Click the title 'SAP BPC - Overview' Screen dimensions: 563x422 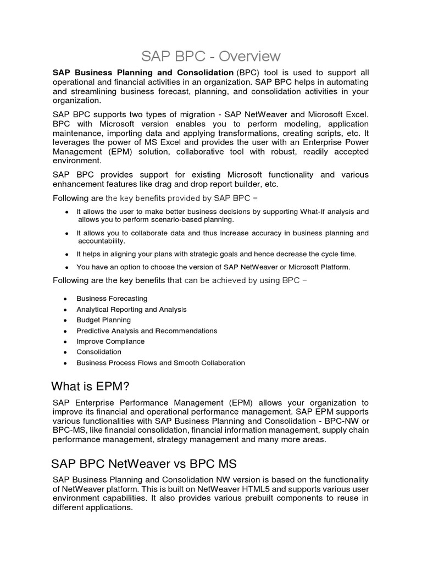[x=211, y=56]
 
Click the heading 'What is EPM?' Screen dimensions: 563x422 [x=90, y=385]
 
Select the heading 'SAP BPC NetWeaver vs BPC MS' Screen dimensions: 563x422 [x=144, y=462]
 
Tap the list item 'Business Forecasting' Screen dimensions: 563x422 [x=112, y=299]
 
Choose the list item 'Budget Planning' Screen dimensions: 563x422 [x=103, y=320]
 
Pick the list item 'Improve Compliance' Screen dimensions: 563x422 [x=110, y=341]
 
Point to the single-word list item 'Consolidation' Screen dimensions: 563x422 [x=99, y=352]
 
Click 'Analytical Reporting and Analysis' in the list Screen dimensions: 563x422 [x=131, y=310]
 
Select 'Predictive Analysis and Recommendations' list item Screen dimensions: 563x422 [x=147, y=331]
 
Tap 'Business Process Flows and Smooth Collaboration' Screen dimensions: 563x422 [x=160, y=363]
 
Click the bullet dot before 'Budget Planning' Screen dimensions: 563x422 [x=65, y=320]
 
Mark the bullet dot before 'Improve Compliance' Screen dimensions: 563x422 [x=65, y=341]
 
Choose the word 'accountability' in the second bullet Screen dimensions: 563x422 [x=101, y=241]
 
